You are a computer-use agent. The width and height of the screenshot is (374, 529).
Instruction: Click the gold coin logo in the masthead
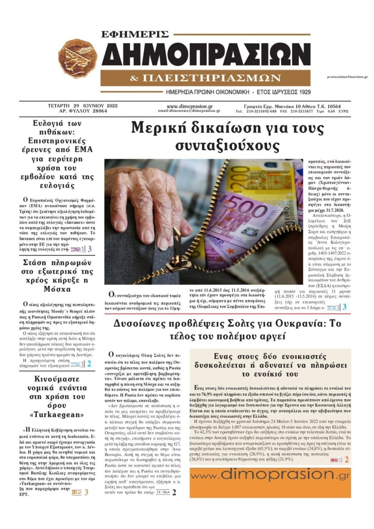(x=78, y=59)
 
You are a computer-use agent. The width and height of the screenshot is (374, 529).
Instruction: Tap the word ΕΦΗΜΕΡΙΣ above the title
(x=135, y=34)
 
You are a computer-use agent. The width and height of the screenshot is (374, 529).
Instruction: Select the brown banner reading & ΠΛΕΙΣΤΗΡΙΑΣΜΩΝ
(x=205, y=78)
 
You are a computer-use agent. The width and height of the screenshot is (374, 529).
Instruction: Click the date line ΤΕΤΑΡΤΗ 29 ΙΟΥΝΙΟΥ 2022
(x=83, y=106)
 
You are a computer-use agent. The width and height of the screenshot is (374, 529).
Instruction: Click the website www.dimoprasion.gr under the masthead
(x=189, y=106)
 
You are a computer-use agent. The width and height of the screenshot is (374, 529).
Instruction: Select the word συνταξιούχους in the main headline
(x=227, y=145)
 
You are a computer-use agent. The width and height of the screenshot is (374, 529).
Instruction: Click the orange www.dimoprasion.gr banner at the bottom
(x=270, y=482)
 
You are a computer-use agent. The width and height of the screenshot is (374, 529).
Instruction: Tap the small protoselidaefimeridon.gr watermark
(x=347, y=77)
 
